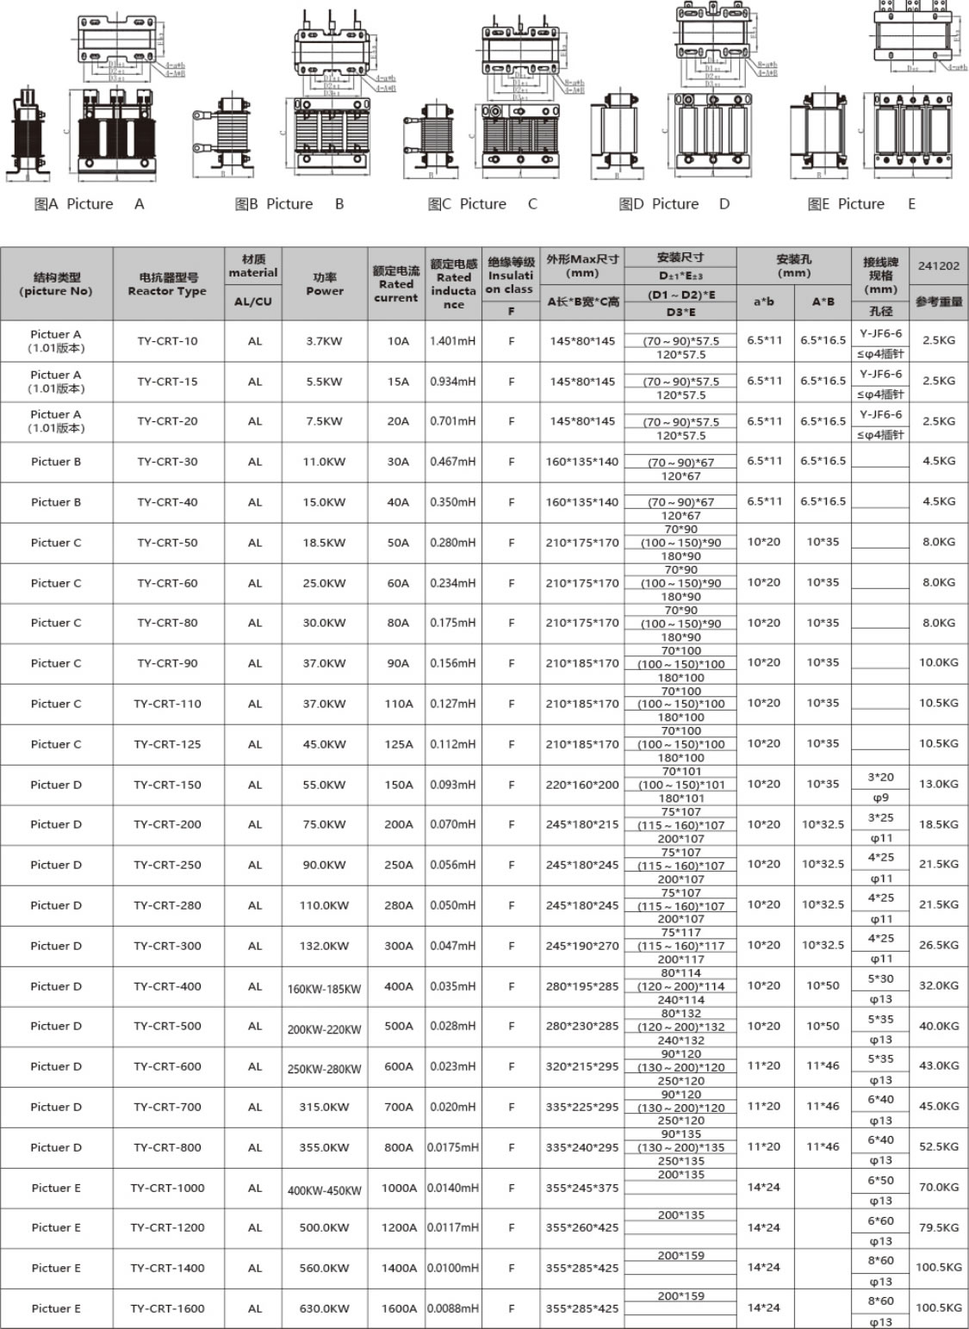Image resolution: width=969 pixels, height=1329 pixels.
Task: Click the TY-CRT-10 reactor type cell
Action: pos(167,341)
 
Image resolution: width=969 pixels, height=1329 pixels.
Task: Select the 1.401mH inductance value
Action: pos(453,341)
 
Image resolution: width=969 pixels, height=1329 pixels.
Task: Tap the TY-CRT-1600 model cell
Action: pos(167,1308)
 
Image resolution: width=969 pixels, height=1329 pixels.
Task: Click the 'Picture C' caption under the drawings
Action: pos(482,204)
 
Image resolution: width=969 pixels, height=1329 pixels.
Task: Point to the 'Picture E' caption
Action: pos(861,204)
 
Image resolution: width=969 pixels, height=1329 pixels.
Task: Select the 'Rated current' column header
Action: pos(396,284)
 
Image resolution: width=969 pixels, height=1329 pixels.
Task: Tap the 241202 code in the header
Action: pos(938,265)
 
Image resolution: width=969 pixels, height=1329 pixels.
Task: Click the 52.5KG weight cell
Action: pos(938,1147)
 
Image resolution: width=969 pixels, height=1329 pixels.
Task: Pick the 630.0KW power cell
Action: pos(324,1308)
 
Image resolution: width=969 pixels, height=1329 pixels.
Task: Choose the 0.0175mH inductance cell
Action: pos(453,1147)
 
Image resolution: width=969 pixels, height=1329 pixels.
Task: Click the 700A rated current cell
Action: pos(398,1107)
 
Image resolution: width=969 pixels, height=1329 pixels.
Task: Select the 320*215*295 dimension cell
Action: pos(582,1066)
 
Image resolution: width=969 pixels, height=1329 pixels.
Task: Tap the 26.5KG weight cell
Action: pos(938,946)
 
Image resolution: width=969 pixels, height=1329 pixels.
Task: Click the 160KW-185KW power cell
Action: pos(324,989)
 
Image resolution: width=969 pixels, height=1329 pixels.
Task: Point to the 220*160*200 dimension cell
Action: pos(582,785)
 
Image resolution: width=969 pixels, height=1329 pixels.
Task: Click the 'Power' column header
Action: pos(324,284)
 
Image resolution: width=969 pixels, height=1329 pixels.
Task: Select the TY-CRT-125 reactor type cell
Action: pos(167,744)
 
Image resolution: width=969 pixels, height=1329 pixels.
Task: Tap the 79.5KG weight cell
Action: pos(938,1227)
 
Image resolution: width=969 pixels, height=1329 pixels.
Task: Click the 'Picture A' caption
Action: pos(90,204)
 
